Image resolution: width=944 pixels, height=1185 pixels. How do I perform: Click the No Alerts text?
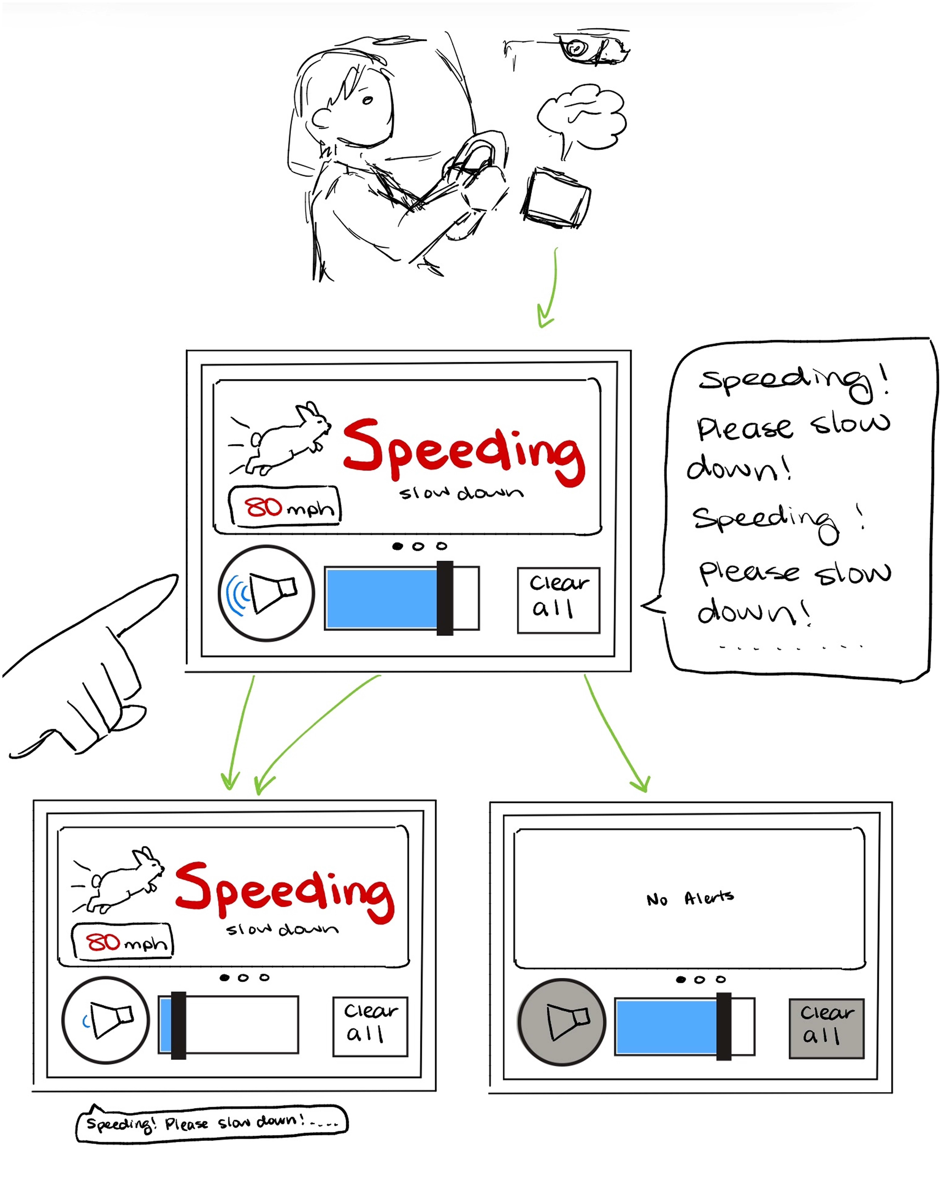coord(690,899)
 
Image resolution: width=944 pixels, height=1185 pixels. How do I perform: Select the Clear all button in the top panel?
coord(558,600)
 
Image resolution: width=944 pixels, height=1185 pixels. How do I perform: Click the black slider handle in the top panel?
coord(444,598)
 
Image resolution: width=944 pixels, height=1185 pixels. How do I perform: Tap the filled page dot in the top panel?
coord(398,546)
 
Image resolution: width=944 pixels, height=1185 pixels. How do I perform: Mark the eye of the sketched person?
coord(367,100)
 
